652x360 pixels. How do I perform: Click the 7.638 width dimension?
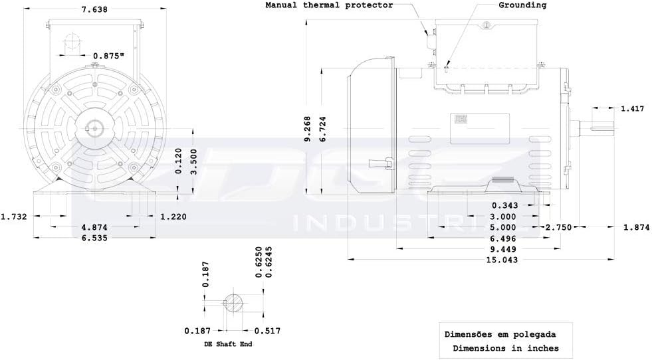pos(94,9)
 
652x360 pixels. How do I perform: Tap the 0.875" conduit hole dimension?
pos(109,56)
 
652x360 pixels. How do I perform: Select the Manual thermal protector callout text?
pos(330,5)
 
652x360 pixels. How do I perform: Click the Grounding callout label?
pos(522,5)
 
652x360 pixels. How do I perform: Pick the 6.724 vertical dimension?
pos(322,129)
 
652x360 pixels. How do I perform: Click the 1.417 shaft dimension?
pos(633,108)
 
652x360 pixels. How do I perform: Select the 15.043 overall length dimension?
pos(502,260)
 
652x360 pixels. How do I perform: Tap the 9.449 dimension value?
pos(503,249)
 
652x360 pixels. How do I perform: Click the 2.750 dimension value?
pos(558,227)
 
